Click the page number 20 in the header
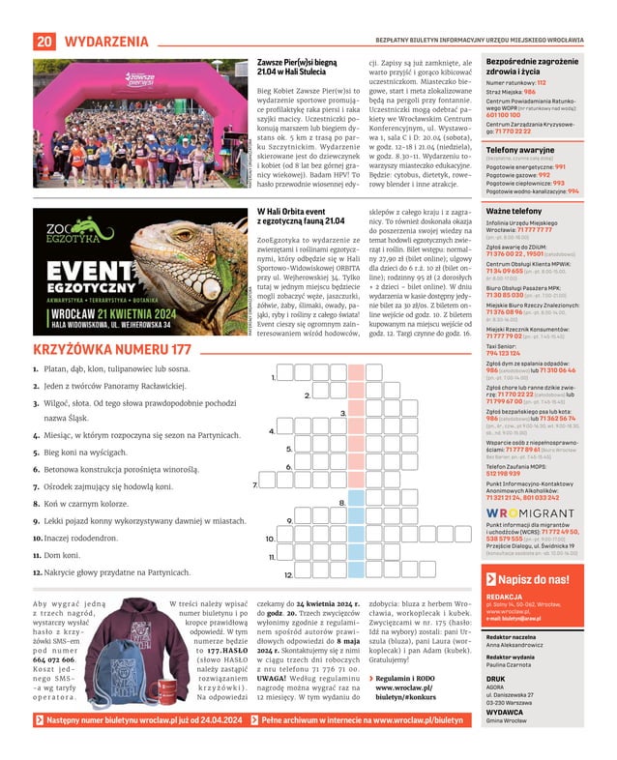tap(44, 42)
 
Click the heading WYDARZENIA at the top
tap(106, 42)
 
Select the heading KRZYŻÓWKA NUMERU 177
tap(112, 350)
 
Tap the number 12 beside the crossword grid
tap(288, 575)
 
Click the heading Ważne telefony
tap(514, 211)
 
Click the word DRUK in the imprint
tap(496, 678)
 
